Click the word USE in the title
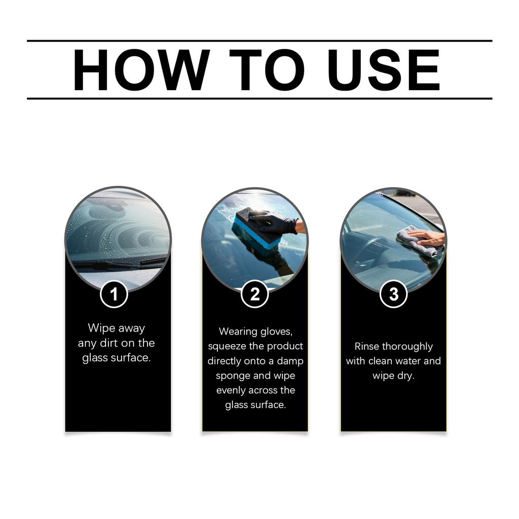click(383, 70)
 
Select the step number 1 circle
click(114, 294)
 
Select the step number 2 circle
click(254, 294)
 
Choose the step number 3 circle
click(393, 294)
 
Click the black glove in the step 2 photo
click(274, 222)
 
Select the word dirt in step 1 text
click(109, 343)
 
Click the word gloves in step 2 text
click(276, 331)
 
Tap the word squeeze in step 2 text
click(227, 346)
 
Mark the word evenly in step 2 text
click(231, 391)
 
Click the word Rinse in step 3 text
click(366, 347)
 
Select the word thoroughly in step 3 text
click(407, 347)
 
